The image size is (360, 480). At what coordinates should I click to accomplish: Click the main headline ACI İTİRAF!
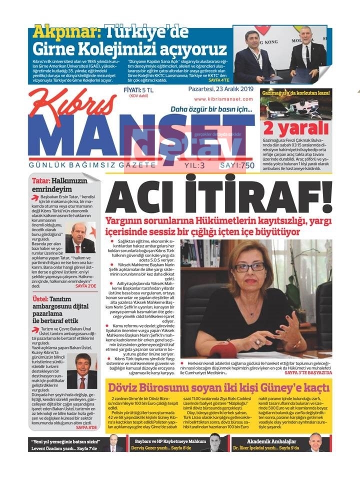click(x=218, y=197)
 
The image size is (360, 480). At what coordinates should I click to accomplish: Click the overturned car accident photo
click(x=295, y=106)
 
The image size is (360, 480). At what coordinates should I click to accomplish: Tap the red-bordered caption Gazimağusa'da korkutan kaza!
click(x=295, y=93)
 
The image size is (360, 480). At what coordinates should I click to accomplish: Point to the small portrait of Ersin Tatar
click(x=80, y=239)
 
